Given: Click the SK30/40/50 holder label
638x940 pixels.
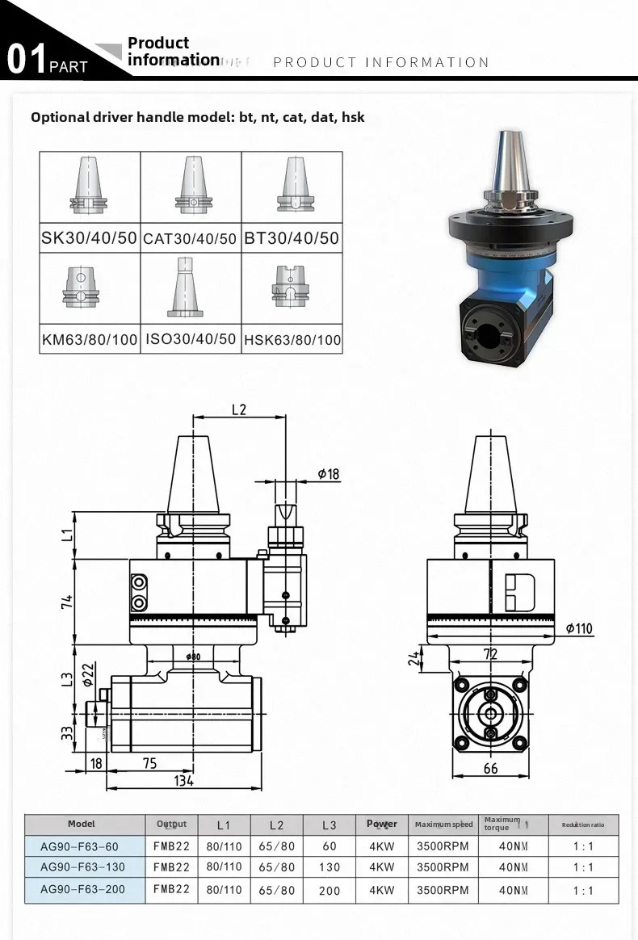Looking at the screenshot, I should [90, 238].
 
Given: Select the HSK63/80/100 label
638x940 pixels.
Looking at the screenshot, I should [292, 340].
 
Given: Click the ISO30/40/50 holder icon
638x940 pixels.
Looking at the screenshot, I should [191, 287].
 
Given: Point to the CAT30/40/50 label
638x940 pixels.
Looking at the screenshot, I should [191, 239].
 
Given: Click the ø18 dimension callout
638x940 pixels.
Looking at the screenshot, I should [328, 474].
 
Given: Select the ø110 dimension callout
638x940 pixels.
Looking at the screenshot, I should [580, 628].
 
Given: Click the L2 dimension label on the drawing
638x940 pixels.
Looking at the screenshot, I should [238, 409].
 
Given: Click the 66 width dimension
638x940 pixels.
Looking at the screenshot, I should [490, 769].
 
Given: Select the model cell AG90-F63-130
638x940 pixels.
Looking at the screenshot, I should [79, 867].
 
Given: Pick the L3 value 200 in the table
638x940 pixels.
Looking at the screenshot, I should [329, 891].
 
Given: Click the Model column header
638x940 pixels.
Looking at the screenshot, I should [81, 824].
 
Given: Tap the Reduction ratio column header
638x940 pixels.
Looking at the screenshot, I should [582, 825].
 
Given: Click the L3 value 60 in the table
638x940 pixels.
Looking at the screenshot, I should [329, 846].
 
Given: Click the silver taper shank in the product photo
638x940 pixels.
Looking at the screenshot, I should [510, 162].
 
